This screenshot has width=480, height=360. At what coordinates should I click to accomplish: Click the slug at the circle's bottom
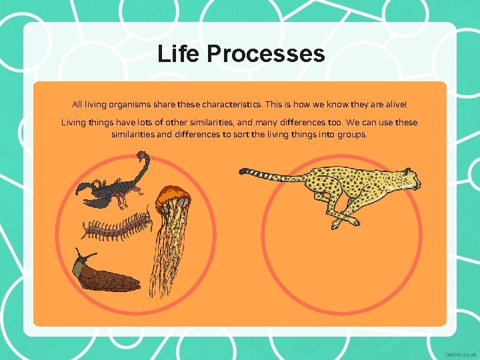tap(107, 273)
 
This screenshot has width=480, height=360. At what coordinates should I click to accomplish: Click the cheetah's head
tap(408, 178)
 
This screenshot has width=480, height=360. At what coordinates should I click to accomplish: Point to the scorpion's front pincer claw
tap(86, 187)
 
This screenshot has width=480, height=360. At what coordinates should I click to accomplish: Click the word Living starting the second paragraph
tap(75, 123)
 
